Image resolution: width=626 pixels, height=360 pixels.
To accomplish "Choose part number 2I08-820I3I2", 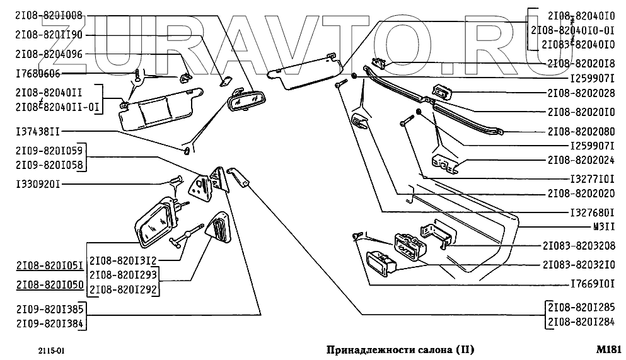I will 124,260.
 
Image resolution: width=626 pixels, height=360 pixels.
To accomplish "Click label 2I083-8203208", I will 579,245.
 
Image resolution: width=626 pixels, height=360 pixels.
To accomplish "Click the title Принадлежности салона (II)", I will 400,349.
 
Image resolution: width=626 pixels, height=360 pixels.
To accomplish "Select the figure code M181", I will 608,349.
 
